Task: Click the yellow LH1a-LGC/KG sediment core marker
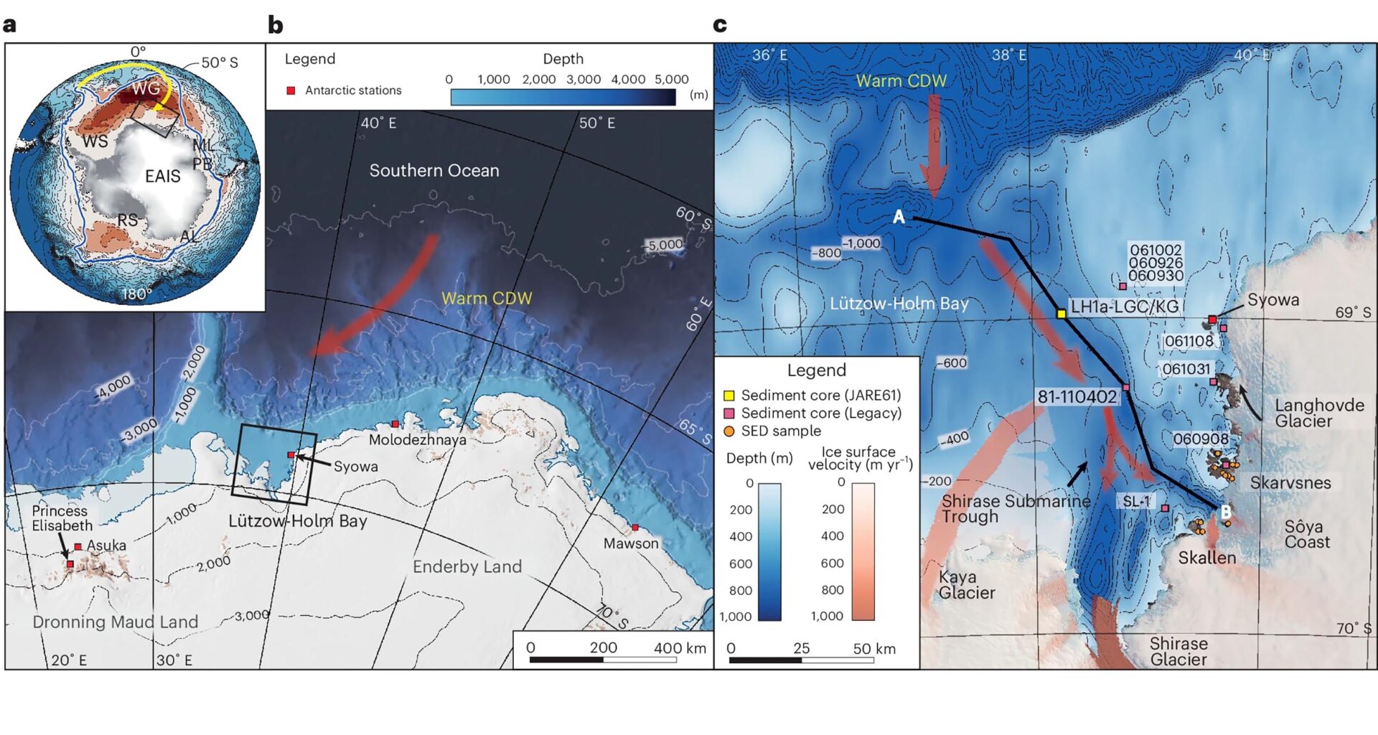point(1061,314)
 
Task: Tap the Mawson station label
point(630,543)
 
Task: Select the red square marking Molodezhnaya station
point(395,424)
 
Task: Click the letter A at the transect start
point(899,217)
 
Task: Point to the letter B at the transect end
point(1226,512)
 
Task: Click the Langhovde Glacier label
point(1319,413)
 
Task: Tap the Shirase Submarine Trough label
point(1015,508)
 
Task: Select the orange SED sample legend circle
point(728,431)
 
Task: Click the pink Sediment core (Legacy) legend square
point(728,413)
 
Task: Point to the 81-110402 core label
point(1077,397)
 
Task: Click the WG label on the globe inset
point(146,88)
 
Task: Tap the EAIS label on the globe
point(162,176)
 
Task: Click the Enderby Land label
point(467,566)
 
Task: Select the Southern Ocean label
point(433,171)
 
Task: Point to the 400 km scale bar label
point(679,648)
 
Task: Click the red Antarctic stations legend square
point(291,90)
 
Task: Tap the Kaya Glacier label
point(966,584)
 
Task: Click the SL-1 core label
point(1136,501)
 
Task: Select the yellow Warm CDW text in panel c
point(901,81)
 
